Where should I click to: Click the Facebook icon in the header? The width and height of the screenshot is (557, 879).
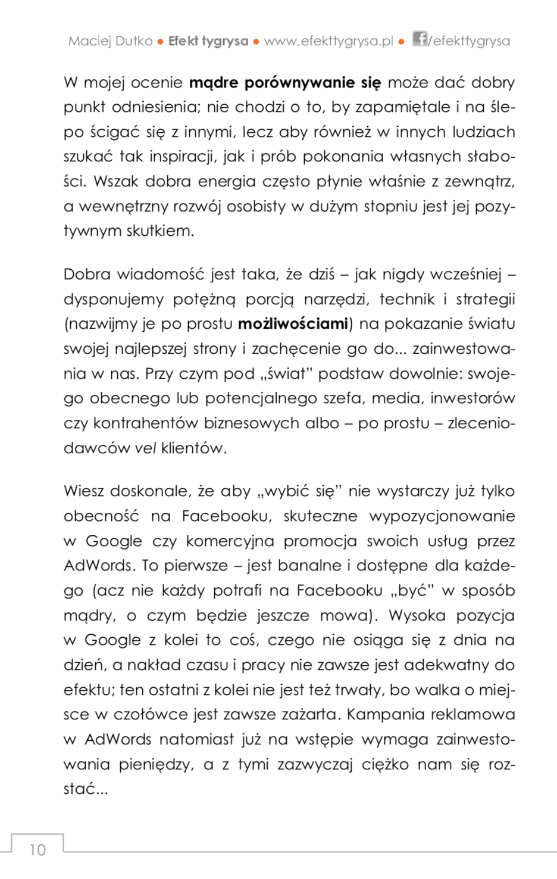420,39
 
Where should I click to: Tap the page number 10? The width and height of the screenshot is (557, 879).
37,849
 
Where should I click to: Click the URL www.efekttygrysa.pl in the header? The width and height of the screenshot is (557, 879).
328,41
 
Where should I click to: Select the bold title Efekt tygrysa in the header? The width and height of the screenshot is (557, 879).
208,41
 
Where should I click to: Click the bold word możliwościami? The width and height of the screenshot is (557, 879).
293,324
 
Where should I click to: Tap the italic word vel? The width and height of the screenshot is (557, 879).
145,448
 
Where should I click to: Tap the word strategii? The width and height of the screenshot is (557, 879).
485,299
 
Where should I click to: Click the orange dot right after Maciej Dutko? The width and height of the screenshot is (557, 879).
161,42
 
